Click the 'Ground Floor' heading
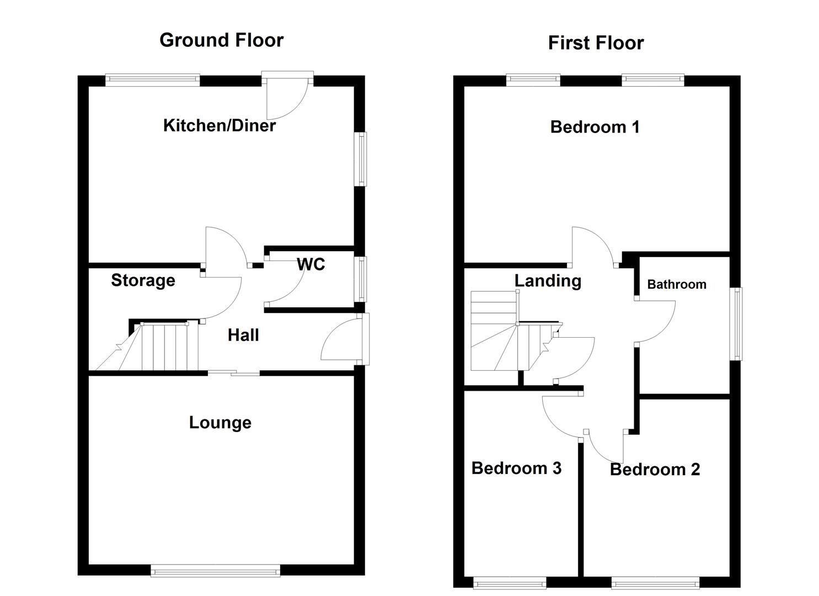click(x=221, y=40)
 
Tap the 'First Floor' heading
click(x=596, y=43)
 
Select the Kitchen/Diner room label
click(x=220, y=126)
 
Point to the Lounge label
click(x=220, y=423)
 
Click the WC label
click(x=311, y=265)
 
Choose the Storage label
click(x=143, y=280)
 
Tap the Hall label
click(x=243, y=336)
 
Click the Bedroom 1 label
click(x=595, y=127)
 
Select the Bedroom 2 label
click(x=655, y=470)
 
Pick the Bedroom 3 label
click(x=516, y=469)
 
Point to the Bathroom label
click(x=676, y=285)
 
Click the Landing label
click(x=548, y=281)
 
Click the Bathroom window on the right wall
click(x=736, y=324)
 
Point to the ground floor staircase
click(x=160, y=347)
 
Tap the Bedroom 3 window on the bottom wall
click(x=510, y=582)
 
